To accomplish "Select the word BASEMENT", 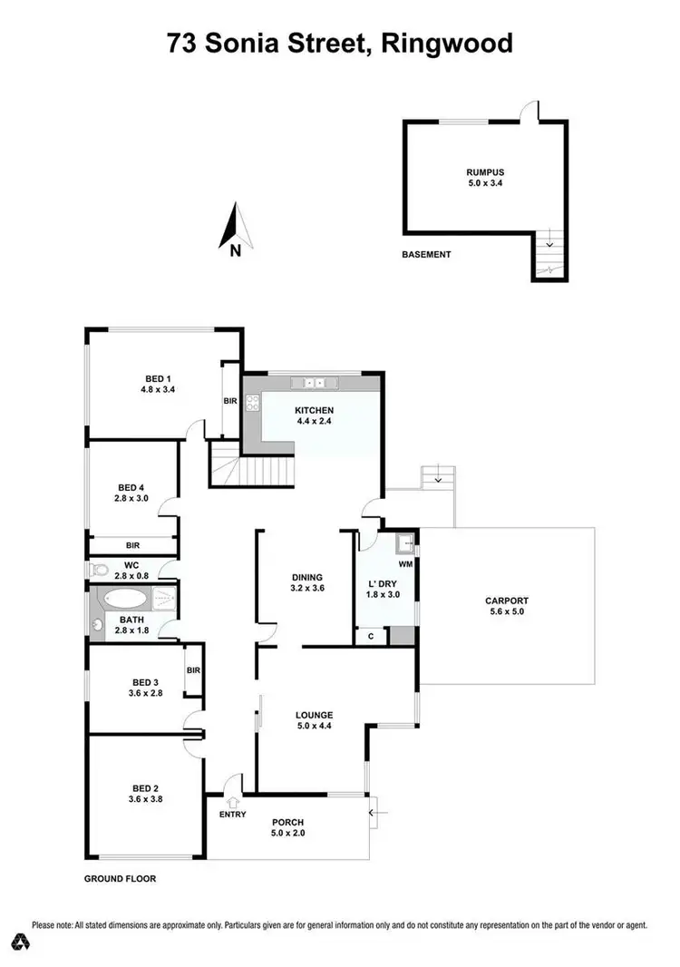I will [426, 255].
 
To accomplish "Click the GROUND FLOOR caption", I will [121, 879].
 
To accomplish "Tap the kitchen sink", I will [317, 383].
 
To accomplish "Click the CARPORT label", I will [506, 601].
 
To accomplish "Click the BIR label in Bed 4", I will [132, 546].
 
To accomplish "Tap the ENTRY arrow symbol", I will [233, 802].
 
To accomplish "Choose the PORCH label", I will [287, 822].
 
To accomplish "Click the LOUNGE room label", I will [313, 714].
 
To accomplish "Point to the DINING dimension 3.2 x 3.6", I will [307, 589].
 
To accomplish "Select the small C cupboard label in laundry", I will [372, 637].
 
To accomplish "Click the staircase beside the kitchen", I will [257, 469].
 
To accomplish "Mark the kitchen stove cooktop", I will [251, 405].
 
